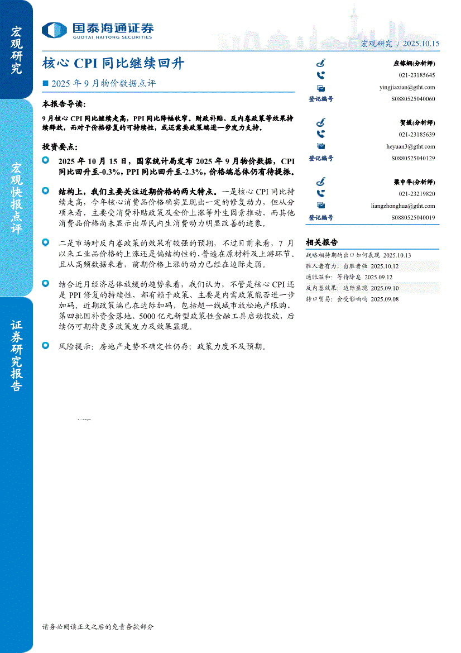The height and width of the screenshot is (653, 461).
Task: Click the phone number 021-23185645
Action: (417, 75)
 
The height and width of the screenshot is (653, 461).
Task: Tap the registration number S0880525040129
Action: (413, 159)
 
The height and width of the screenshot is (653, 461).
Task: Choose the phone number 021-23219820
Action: (417, 194)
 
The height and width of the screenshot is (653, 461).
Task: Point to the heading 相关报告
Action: (321, 242)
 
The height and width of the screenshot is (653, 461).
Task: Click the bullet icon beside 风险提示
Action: (46, 346)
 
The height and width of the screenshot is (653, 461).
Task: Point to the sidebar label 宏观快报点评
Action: (16, 198)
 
